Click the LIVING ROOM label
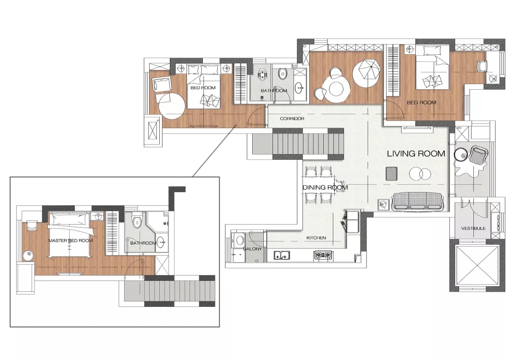coord(416,154)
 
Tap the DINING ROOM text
coord(325,187)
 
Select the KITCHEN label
coord(316,238)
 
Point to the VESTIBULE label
coord(473,228)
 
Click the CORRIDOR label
coord(292,119)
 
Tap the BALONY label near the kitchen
coord(252,249)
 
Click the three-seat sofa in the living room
coord(417,202)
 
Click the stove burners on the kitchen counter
coord(323,255)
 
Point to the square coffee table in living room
coord(392,174)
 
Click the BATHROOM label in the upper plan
coord(274,91)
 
